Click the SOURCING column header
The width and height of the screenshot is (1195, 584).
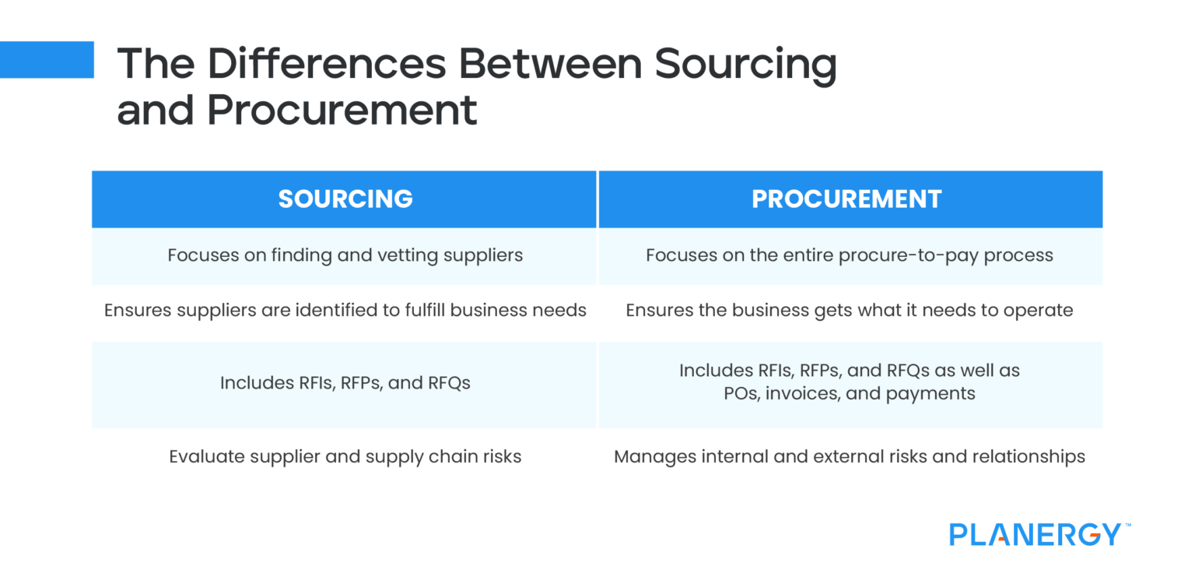[345, 199]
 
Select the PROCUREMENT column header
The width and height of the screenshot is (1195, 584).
[846, 199]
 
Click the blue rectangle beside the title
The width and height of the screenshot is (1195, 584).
[47, 60]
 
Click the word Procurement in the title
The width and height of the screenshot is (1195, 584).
[342, 111]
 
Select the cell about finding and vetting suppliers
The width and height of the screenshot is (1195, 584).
[345, 255]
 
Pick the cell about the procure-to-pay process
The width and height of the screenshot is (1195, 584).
[850, 255]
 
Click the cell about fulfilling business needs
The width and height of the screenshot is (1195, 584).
[345, 311]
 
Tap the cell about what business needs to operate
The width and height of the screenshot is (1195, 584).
[850, 311]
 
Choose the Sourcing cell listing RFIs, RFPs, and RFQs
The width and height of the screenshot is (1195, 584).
[345, 383]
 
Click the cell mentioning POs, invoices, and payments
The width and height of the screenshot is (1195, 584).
[850, 382]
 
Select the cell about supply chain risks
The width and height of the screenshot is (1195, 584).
[345, 456]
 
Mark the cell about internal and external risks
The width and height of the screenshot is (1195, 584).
[850, 456]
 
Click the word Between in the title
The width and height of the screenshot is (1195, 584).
[550, 63]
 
